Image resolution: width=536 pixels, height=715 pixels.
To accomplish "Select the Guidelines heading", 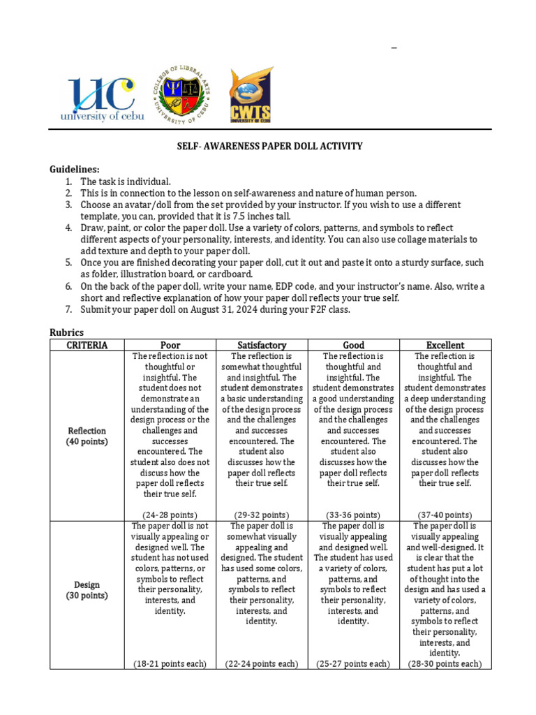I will point(75,170).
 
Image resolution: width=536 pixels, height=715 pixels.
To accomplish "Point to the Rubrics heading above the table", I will point(67,332).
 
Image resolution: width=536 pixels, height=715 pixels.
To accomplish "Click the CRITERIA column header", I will point(87,345).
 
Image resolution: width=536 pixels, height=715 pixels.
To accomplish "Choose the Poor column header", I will point(170,345).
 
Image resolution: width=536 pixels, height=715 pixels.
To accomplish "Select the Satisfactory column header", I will point(262,345).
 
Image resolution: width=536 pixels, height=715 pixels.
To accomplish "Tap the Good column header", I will point(353,345).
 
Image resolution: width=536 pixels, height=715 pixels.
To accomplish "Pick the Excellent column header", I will point(445,345).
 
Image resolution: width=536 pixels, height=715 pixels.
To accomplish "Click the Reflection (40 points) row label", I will point(87,436).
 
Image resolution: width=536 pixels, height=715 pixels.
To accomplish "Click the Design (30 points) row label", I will point(87,590).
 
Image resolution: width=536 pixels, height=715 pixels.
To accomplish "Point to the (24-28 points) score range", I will point(170,515).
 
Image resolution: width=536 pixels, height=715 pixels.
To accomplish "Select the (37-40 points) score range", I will point(445,515).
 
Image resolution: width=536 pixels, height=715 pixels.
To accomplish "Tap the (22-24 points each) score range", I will point(262,664).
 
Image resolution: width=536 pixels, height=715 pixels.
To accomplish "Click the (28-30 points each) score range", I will point(445,664).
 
